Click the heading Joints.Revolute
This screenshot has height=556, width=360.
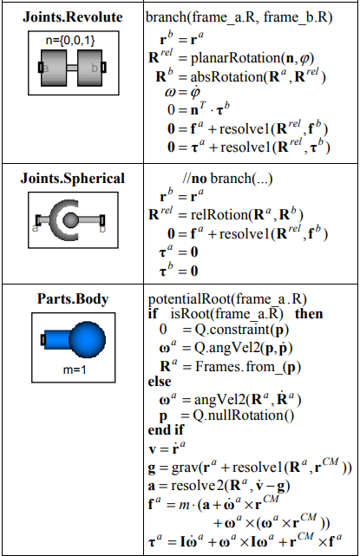pyautogui.click(x=73, y=17)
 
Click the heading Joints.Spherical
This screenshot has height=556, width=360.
pyautogui.click(x=73, y=179)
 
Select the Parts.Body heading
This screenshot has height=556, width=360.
pyautogui.click(x=73, y=299)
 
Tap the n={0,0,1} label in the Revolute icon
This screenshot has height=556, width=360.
pyautogui.click(x=70, y=41)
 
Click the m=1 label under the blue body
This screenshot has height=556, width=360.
pyautogui.click(x=75, y=370)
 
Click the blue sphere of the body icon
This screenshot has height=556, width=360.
pyautogui.click(x=88, y=339)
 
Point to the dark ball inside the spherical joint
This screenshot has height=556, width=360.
pyautogui.click(x=70, y=220)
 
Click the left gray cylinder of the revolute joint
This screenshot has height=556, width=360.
pyautogui.click(x=54, y=68)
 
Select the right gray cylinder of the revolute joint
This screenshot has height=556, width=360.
pyautogui.click(x=89, y=68)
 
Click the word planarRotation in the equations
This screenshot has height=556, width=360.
pyautogui.click(x=236, y=58)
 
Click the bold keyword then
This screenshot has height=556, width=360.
pyautogui.click(x=309, y=314)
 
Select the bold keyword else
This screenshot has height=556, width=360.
pyautogui.click(x=160, y=382)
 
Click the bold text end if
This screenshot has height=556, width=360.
pyautogui.click(x=166, y=429)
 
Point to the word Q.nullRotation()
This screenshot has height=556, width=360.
pyautogui.click(x=243, y=415)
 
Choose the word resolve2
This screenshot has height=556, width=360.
pyautogui.click(x=198, y=486)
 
